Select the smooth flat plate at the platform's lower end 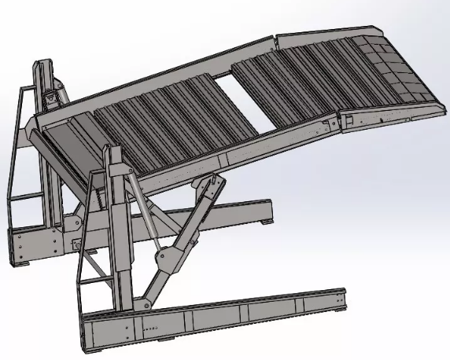click(63, 134)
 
